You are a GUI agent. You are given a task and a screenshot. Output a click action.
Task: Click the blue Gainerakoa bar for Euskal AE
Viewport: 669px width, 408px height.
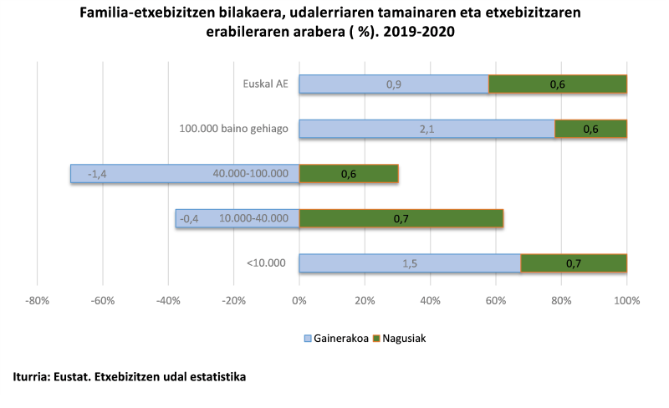click(x=393, y=84)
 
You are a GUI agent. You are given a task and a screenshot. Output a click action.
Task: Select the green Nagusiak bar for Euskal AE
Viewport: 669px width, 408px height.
click(x=558, y=84)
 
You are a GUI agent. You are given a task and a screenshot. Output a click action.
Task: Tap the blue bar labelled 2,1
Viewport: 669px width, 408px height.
click(x=426, y=129)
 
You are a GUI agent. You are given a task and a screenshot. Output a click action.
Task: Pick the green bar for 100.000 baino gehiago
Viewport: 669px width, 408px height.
click(x=590, y=129)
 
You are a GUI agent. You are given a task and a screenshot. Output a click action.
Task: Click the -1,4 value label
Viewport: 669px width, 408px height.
click(x=97, y=174)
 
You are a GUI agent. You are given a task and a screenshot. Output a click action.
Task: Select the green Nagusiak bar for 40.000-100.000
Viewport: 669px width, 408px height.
click(x=349, y=174)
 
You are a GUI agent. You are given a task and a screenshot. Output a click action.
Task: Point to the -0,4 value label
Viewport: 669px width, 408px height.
click(x=189, y=218)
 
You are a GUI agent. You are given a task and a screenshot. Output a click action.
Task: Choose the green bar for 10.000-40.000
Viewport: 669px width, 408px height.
click(x=401, y=218)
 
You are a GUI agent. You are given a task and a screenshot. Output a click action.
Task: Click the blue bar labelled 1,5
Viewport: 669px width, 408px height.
click(x=410, y=263)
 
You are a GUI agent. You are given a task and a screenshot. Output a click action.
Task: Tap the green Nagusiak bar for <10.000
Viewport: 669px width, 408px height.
click(x=574, y=263)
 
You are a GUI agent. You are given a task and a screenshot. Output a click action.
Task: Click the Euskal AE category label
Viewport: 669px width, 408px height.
click(x=265, y=84)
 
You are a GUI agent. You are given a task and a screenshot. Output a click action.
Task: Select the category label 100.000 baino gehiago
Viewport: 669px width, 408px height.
click(x=233, y=129)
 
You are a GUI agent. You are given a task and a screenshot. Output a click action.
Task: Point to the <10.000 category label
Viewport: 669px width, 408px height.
click(x=266, y=263)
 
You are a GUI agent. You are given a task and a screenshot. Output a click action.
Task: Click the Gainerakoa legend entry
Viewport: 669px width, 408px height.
click(x=335, y=339)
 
